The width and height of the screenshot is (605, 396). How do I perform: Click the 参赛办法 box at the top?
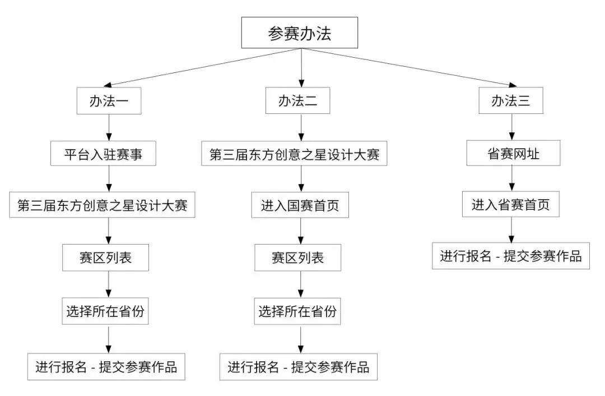point(299,33)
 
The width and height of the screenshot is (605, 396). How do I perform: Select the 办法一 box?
point(109,102)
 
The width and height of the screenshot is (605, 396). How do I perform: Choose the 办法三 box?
point(510,102)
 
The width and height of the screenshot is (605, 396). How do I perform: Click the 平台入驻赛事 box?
point(103,154)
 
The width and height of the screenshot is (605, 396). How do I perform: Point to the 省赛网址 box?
point(514,154)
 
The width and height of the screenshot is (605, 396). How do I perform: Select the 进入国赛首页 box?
point(300,206)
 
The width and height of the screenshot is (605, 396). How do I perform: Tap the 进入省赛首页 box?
point(510,205)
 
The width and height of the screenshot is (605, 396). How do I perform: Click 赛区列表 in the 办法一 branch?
point(106,258)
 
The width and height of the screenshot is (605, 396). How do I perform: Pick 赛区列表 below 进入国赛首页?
point(297,258)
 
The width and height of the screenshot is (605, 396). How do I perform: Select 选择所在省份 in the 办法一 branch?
point(105,311)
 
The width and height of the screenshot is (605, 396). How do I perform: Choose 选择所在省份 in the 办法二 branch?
point(297,311)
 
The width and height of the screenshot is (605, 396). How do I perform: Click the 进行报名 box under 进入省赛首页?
point(511,256)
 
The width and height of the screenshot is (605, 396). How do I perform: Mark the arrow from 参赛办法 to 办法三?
point(406,69)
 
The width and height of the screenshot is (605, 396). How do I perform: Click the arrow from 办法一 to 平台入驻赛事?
point(109,128)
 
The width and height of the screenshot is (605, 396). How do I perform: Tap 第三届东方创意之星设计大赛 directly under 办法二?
point(295,154)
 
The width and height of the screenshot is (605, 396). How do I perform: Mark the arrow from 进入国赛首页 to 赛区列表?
point(301,232)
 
